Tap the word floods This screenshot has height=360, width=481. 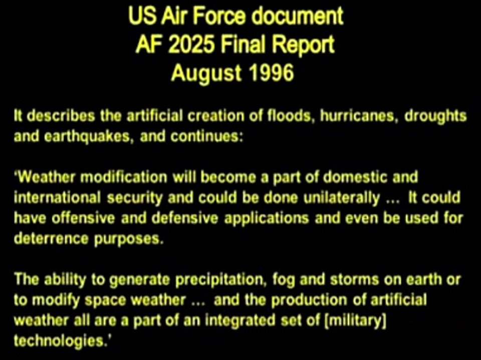coord(292,116)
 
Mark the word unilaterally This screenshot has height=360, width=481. coord(341,199)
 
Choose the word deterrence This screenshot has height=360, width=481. coord(51,239)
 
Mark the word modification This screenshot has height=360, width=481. coord(124,177)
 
